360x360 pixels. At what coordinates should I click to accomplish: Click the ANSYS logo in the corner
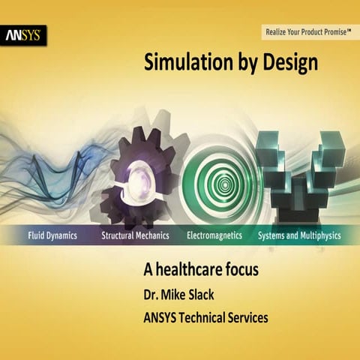(25, 34)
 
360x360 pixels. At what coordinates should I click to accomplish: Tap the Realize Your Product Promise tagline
(308, 31)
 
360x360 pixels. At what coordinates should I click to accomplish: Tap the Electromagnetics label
(214, 235)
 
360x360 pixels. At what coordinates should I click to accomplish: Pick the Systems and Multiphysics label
(299, 235)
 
